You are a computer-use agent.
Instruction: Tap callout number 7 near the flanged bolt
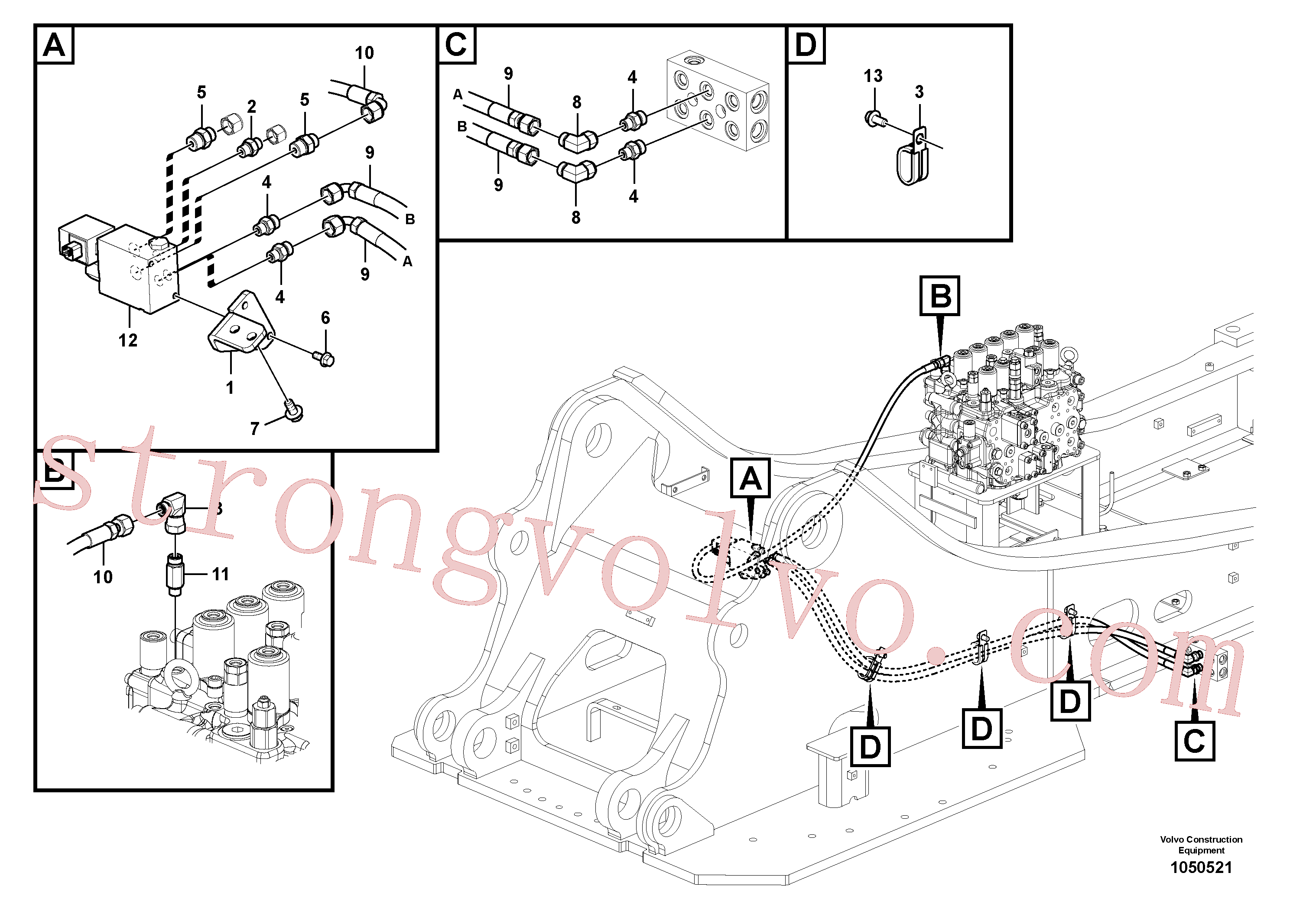coord(255,429)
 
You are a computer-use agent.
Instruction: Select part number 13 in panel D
coord(873,76)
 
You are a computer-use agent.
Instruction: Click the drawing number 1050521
coord(1201,868)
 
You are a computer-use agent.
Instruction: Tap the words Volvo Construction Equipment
coord(1201,844)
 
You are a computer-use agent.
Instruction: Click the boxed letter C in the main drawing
coord(1195,742)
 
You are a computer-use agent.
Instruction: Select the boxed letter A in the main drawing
coord(750,478)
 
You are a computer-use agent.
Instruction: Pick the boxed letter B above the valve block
coord(940,296)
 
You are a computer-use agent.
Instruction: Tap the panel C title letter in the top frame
coord(456,44)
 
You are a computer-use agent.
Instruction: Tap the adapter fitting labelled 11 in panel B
coord(175,575)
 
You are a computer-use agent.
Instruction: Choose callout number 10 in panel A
coord(364,53)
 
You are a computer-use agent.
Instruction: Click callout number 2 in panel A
coord(252,106)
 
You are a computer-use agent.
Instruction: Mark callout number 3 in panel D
coord(919,92)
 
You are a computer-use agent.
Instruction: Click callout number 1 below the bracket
coord(229,387)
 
